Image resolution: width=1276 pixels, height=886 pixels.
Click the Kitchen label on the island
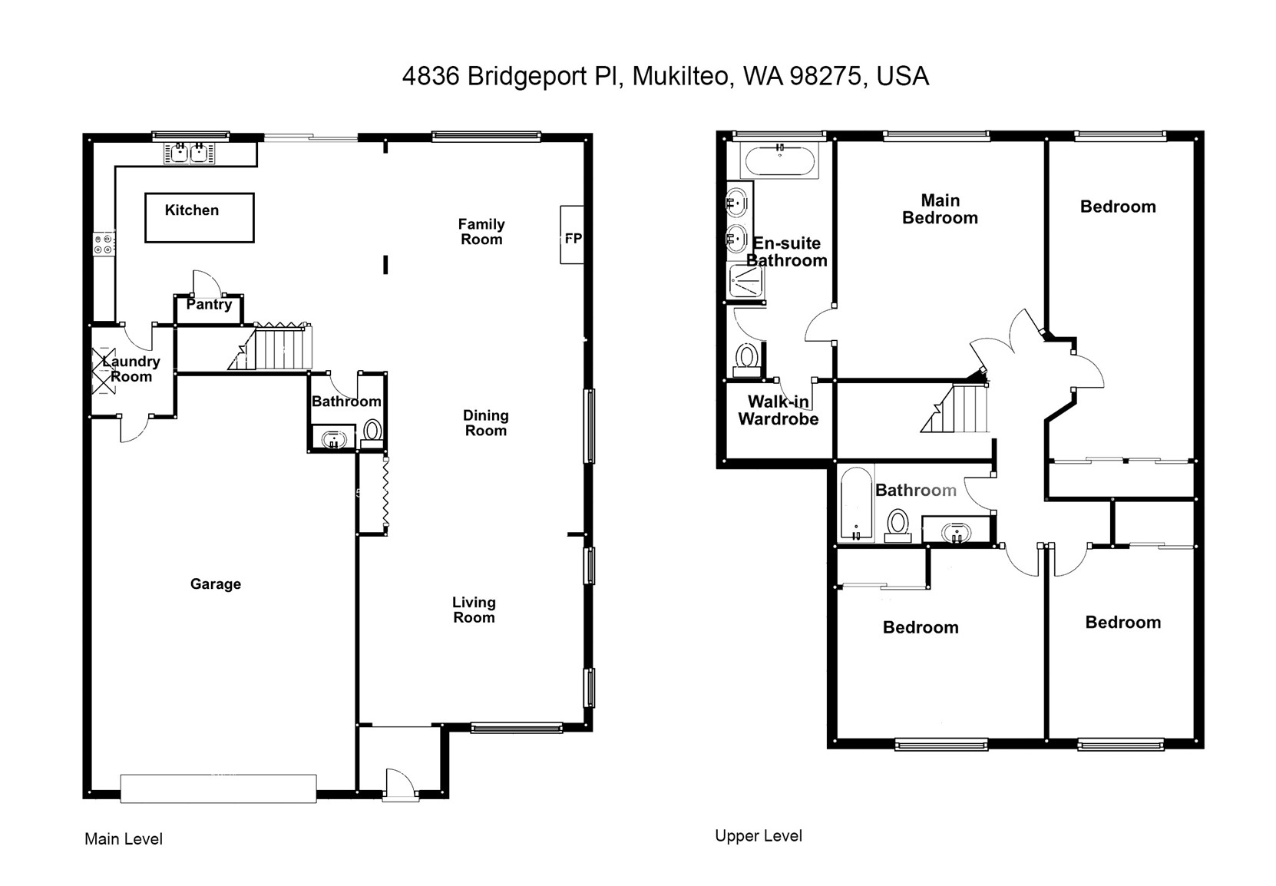coord(192,210)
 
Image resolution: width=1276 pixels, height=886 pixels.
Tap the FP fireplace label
coord(573,238)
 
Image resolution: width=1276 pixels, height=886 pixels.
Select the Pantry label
coord(209,304)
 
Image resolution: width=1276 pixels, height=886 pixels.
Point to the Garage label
coord(215,584)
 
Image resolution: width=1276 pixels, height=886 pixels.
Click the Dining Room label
coord(485,423)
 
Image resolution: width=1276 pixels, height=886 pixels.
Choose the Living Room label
coord(474,610)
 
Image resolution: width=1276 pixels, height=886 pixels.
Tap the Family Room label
coord(482,232)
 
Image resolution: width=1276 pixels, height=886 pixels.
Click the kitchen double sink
coord(189,153)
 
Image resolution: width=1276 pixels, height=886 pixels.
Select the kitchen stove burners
coord(104,244)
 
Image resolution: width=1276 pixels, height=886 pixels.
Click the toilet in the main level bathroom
coord(372,434)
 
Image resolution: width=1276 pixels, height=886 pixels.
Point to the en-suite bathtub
coord(778,160)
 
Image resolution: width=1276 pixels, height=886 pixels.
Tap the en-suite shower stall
coord(745,281)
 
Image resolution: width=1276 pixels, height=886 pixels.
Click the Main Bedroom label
coord(940,209)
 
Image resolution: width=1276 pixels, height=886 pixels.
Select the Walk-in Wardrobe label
coord(778,410)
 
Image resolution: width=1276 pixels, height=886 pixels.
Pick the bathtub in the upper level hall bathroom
coord(856,504)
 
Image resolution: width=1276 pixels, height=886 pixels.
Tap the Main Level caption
coord(124,838)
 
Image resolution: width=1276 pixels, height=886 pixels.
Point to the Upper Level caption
coord(759,836)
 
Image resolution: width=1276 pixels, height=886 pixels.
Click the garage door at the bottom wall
coord(218,788)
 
